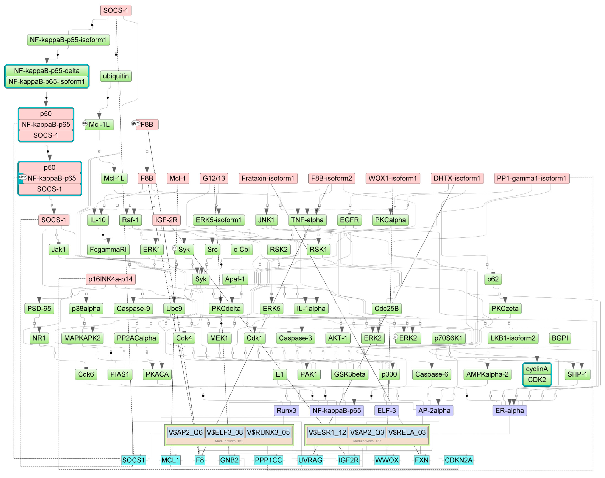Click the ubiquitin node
click(x=116, y=76)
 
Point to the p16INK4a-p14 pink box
click(x=110, y=279)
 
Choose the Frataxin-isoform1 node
click(x=268, y=178)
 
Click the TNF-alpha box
click(x=307, y=220)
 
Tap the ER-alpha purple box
click(x=510, y=411)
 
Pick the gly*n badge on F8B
click(x=136, y=123)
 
